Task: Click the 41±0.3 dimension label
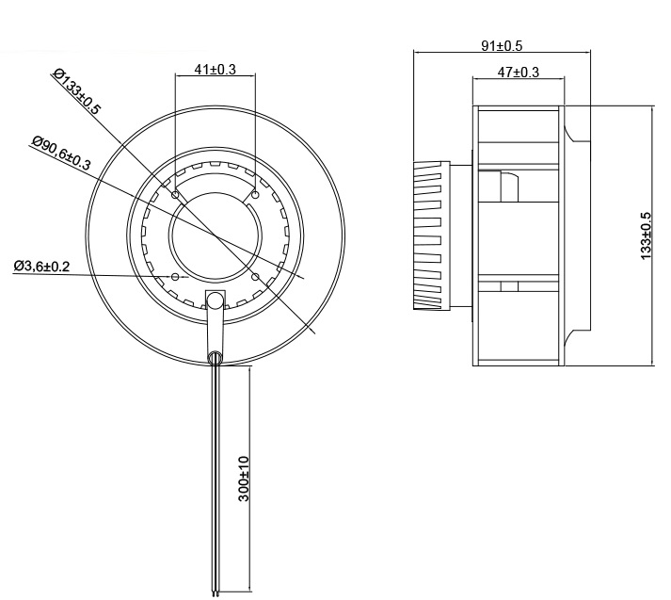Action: (x=215, y=69)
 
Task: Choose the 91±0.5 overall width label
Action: (x=502, y=44)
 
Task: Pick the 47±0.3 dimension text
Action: (x=519, y=72)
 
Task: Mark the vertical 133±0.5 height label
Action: (x=646, y=235)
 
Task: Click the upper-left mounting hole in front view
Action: (x=176, y=195)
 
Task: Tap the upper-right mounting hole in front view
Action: (x=256, y=195)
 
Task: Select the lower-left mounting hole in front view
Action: (x=176, y=276)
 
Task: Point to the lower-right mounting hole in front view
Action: (x=256, y=276)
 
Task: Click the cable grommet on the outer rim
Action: (x=216, y=357)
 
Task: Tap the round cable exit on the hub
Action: (x=216, y=301)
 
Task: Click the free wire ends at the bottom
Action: (x=216, y=592)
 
